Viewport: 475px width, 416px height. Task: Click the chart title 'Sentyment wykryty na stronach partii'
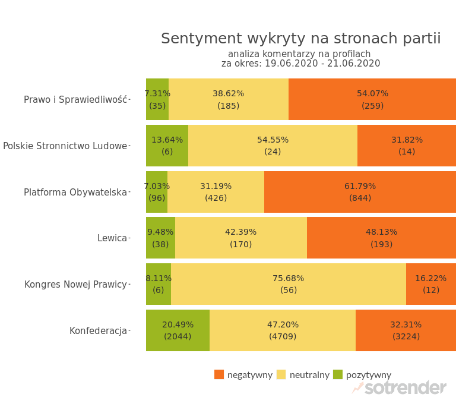[300, 39]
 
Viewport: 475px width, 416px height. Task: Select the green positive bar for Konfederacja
[178, 330]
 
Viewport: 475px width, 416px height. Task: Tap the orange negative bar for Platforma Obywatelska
[360, 192]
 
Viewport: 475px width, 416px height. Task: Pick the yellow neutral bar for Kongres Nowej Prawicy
[289, 284]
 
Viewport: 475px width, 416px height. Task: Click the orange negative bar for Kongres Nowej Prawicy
[431, 284]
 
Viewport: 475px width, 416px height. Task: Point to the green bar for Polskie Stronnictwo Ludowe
[167, 146]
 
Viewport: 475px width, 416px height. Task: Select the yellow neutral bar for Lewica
[241, 238]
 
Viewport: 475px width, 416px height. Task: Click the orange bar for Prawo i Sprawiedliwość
[372, 99]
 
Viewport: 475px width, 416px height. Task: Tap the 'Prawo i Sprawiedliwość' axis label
[75, 100]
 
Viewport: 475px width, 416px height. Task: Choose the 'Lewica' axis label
[112, 238]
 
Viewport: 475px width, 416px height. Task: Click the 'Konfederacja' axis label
[98, 331]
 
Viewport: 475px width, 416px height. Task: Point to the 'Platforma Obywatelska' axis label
[75, 193]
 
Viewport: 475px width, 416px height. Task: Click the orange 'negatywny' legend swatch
[219, 374]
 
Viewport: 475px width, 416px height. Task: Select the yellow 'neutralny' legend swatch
[281, 374]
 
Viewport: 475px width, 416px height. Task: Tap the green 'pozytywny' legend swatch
[338, 374]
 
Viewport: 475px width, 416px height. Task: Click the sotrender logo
[399, 388]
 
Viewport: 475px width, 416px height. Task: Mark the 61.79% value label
[360, 186]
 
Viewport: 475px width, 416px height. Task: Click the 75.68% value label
[289, 278]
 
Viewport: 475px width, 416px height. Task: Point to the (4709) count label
[283, 336]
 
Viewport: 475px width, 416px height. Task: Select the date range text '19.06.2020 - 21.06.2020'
[322, 64]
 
